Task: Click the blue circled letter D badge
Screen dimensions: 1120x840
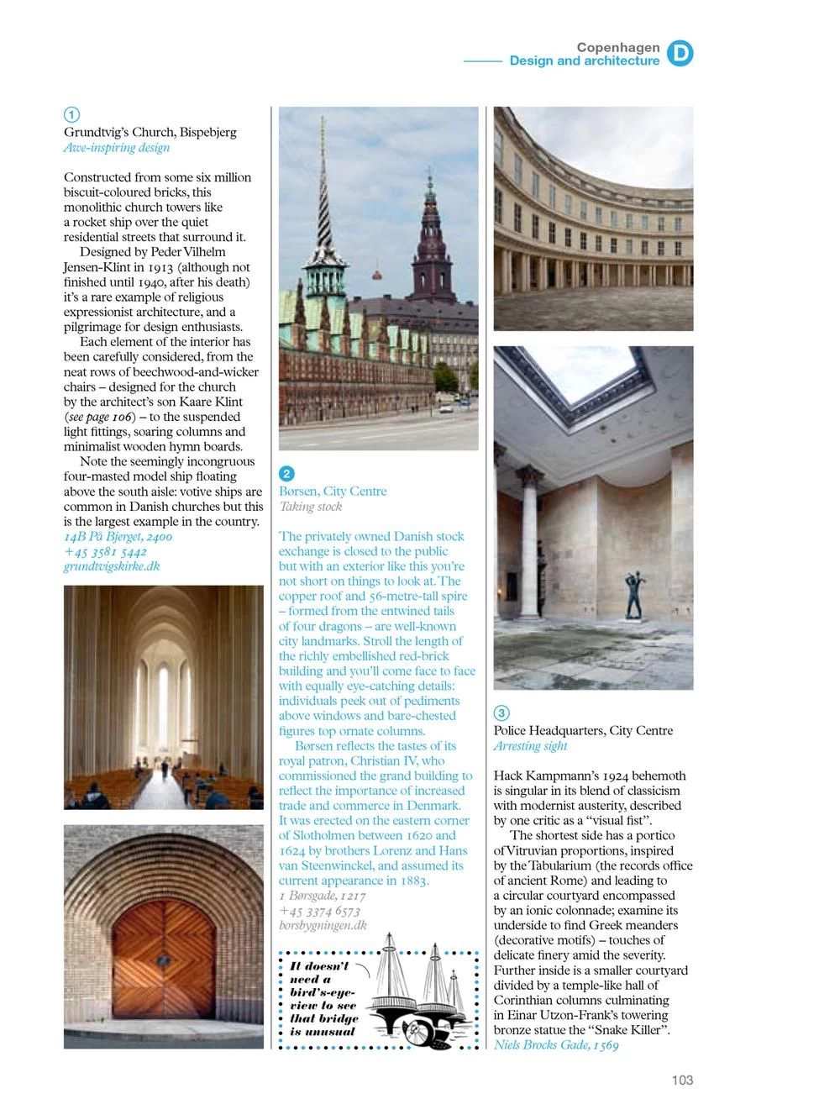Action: pos(680,54)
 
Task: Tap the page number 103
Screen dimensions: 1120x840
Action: pos(682,1081)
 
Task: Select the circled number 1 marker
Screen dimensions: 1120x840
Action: pos(72,114)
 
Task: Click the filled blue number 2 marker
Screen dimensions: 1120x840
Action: pos(286,474)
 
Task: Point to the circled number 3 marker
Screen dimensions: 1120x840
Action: pos(501,713)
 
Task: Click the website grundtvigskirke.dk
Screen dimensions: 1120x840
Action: pos(112,566)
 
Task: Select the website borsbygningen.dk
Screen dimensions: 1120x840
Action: pos(323,925)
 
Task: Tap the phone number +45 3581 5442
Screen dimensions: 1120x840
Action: pos(105,551)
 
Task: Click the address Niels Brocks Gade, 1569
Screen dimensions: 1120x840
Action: pos(556,1045)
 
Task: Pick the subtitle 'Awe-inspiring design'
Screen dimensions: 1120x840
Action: pos(117,148)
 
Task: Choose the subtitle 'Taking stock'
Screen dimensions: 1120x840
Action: pos(311,507)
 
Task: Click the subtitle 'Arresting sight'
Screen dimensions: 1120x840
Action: pos(530,746)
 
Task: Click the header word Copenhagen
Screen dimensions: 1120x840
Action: pos(618,47)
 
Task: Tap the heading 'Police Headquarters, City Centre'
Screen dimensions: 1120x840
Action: pos(583,731)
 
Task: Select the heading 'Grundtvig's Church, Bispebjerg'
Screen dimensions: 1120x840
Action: pos(150,132)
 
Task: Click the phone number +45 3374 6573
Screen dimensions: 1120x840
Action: pos(319,911)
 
